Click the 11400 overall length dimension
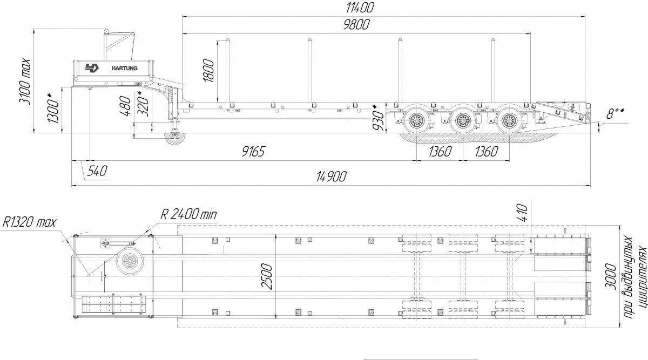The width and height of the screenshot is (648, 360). tap(360, 8)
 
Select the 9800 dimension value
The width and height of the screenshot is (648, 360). tap(356, 25)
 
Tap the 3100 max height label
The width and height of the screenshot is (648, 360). tap(25, 82)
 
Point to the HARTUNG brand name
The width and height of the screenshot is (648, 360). tap(124, 68)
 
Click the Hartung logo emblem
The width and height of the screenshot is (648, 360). tap(92, 68)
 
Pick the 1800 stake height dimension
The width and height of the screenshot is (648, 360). tap(208, 70)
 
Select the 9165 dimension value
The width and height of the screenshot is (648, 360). tap(253, 151)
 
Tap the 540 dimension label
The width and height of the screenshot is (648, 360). tap(97, 171)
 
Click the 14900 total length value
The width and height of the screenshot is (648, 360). tap(331, 176)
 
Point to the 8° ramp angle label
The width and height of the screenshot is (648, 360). tap(615, 114)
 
